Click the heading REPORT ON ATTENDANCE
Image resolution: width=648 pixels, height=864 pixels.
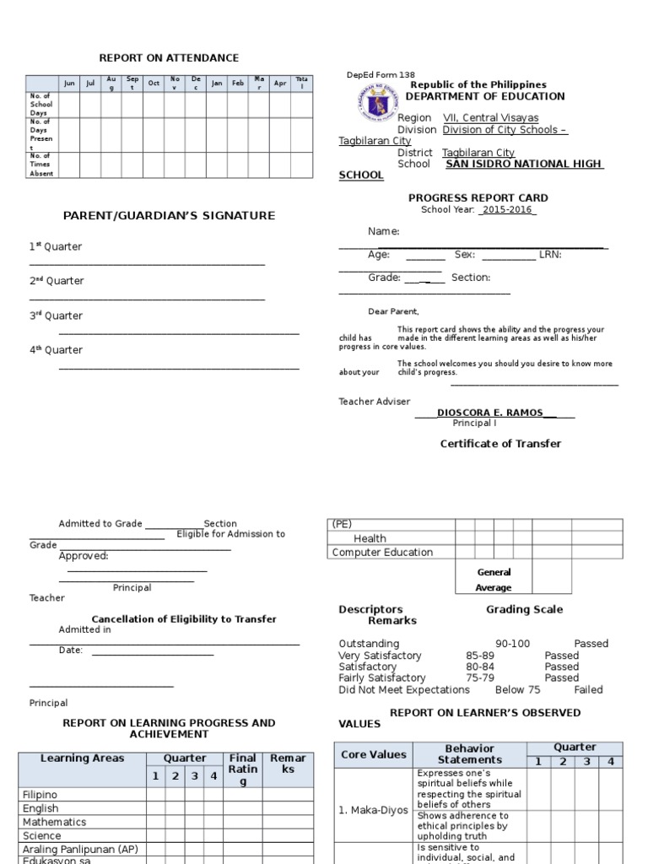(169, 57)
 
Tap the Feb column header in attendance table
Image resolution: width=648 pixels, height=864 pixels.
(239, 84)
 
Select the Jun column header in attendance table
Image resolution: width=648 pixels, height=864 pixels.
(69, 84)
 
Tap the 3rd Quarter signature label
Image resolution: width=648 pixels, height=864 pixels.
(57, 316)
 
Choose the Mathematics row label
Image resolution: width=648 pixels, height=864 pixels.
(55, 822)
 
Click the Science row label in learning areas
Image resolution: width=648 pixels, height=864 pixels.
(42, 835)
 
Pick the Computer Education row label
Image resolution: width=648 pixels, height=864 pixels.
(382, 553)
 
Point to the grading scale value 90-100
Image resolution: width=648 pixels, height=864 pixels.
(512, 644)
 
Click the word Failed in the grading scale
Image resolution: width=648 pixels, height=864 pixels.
(588, 689)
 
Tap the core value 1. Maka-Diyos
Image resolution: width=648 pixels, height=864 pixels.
(373, 810)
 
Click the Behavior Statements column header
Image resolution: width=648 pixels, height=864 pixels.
(470, 753)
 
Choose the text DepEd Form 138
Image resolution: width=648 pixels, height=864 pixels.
(381, 75)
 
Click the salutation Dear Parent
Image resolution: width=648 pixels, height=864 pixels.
(393, 311)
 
